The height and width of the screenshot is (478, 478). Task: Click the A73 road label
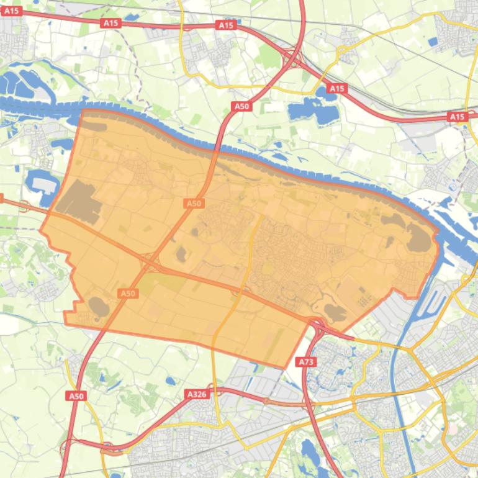[305, 361]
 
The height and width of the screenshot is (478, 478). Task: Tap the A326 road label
[196, 394]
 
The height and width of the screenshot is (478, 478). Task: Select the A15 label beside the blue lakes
[336, 89]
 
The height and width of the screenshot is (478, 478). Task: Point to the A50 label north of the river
[241, 106]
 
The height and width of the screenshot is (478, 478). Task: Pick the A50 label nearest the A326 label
[76, 395]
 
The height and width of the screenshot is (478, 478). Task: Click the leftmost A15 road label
[12, 11]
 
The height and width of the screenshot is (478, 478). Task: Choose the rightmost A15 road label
[457, 117]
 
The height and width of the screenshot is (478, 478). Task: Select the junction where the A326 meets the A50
[68, 443]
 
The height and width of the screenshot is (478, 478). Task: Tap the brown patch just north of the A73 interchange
[336, 312]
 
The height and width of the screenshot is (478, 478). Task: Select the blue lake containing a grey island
[41, 184]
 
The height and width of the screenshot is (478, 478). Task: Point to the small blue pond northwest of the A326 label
[170, 381]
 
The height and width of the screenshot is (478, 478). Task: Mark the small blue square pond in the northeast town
[433, 42]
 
